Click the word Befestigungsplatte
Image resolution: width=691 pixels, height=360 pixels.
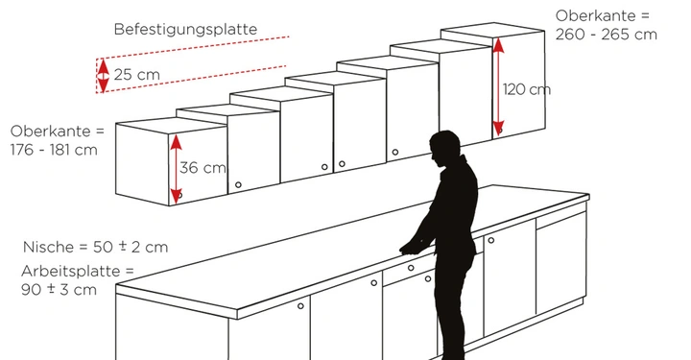(185, 29)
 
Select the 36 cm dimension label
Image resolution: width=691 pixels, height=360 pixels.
(202, 168)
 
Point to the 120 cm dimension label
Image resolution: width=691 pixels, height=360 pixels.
(527, 89)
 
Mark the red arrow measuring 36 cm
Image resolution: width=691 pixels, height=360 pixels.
(176, 168)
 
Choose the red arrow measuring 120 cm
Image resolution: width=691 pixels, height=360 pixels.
(498, 86)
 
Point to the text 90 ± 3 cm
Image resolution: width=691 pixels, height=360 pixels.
(60, 289)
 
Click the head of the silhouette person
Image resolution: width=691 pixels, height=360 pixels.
(443, 148)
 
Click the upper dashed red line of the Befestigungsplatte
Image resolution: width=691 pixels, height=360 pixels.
(192, 47)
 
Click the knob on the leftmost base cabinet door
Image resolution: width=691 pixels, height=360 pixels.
(301, 306)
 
